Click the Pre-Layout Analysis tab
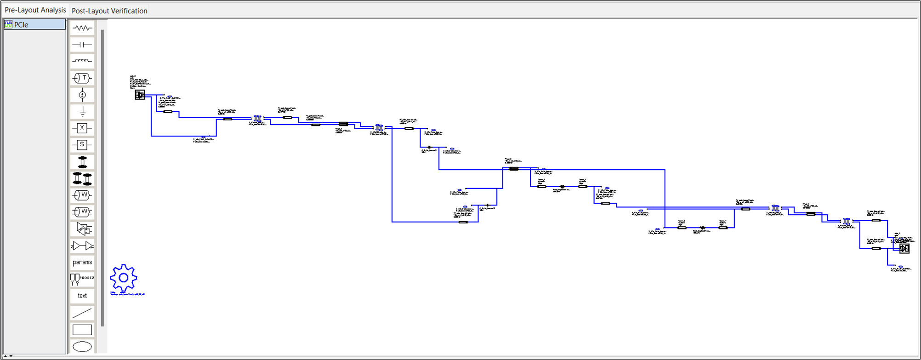point(35,10)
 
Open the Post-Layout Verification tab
point(109,11)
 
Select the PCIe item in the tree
point(21,25)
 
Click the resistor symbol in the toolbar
point(82,28)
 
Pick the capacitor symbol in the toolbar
point(82,45)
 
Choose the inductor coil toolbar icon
point(82,61)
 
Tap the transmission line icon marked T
point(82,78)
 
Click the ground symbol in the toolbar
point(82,112)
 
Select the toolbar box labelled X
point(82,128)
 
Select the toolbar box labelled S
point(82,145)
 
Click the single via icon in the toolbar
point(82,162)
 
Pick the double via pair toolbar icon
point(82,178)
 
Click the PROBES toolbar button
point(82,279)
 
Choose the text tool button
point(82,296)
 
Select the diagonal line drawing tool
point(82,313)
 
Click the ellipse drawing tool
point(82,346)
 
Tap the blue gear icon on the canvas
point(123,278)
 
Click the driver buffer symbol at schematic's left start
point(140,95)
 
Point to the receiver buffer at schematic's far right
point(904,248)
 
